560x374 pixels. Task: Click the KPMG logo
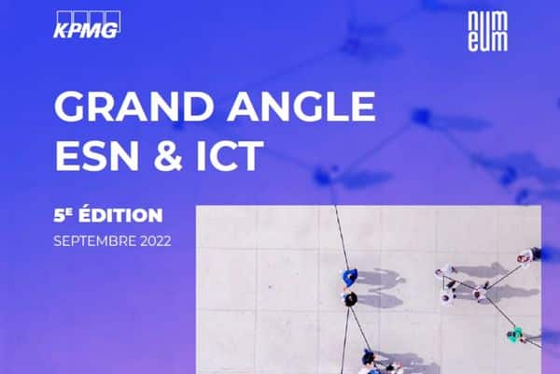87,24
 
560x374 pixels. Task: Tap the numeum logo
487,31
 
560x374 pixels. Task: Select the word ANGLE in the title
301,106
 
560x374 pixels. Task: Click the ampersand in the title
168,156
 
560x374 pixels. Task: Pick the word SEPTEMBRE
94,241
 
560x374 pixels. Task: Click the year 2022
156,241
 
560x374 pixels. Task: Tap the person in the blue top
350,277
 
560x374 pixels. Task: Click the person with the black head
350,299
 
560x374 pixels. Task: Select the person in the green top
515,335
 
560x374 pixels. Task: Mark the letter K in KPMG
61,31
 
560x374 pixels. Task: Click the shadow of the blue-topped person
380,278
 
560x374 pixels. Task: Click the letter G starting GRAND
70,106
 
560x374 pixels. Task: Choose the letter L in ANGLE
333,106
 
